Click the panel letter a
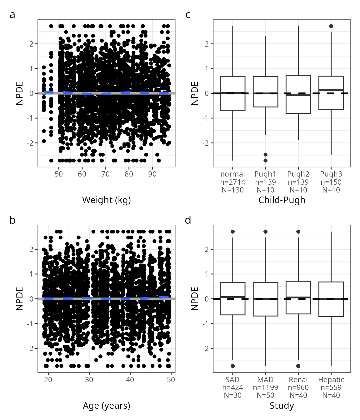pos(12,15)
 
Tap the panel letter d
pos(188,220)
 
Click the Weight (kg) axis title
pos(106,200)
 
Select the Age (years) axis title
pos(106,406)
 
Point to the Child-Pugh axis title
pos(282,200)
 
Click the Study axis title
pos(282,406)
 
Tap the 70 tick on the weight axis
pos(105,174)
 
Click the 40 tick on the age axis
pos(130,380)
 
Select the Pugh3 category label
pos(331,174)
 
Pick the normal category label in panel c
pos(232,174)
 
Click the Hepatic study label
pos(331,380)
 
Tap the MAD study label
pos(265,380)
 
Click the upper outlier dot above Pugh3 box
pos(331,26)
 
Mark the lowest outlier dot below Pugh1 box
pos(266,161)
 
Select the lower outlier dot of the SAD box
pos(232,366)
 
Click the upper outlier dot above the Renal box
pos(298,232)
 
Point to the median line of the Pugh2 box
pos(298,95)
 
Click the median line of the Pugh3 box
pos(331,90)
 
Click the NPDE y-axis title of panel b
pos(19,299)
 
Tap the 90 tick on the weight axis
pos(152,174)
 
